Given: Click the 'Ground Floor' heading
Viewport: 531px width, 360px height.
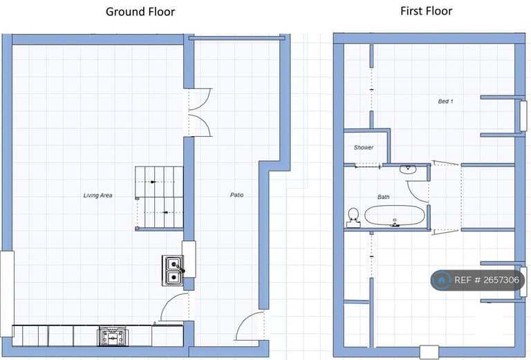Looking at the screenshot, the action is (140, 12).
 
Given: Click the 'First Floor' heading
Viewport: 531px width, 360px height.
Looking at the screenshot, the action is (426, 11).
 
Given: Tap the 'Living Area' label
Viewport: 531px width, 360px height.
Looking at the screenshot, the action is (97, 196).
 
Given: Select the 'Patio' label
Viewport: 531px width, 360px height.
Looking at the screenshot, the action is (236, 195).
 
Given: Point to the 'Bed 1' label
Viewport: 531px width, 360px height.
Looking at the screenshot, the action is (445, 101).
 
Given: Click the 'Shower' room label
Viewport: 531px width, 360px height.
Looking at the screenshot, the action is (364, 147).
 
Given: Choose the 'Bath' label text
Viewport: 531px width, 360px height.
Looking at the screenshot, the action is (383, 197).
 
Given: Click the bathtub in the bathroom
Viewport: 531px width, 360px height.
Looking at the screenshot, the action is (395, 216).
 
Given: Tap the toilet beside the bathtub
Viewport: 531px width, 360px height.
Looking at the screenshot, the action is (353, 218).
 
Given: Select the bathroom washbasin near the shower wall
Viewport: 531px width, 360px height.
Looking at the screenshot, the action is (408, 169).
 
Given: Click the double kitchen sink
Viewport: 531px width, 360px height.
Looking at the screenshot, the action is (173, 270).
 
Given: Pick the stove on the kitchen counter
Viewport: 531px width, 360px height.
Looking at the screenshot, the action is (113, 337).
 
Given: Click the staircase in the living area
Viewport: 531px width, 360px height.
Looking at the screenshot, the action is (159, 198).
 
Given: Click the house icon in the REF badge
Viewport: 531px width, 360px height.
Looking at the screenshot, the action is (441, 280).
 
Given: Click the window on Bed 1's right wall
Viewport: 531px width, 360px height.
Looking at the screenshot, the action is (523, 116).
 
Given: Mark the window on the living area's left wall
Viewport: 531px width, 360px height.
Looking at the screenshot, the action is (7, 294).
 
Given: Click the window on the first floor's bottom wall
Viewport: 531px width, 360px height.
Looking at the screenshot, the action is (429, 352).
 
